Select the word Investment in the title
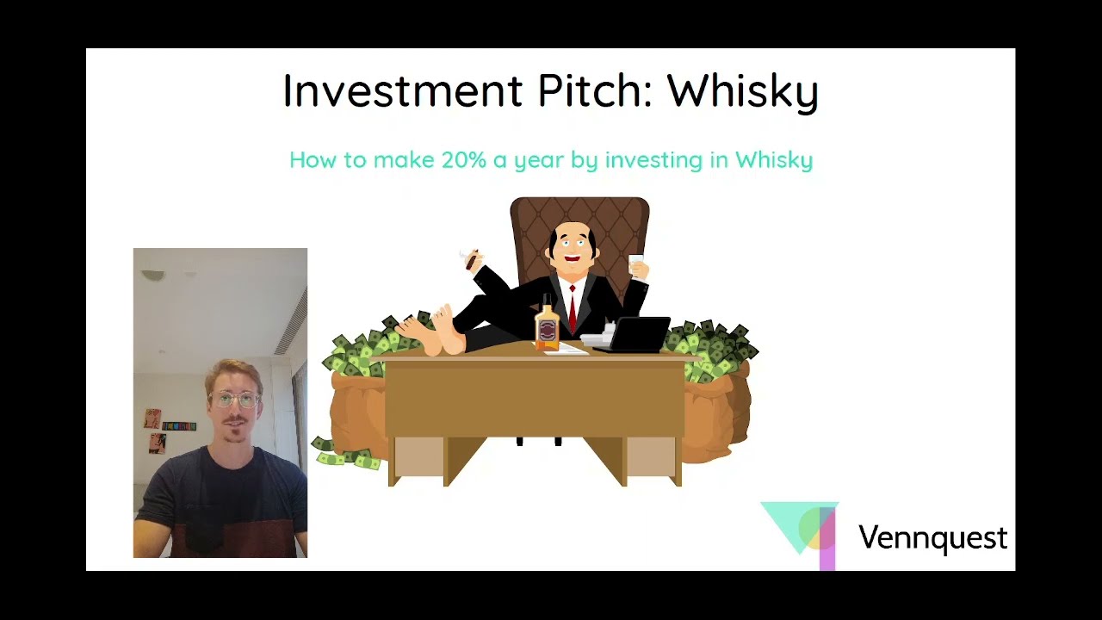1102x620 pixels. pyautogui.click(x=402, y=90)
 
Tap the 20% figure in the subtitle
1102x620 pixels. pyautogui.click(x=463, y=160)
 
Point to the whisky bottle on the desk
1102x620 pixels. pyautogui.click(x=547, y=325)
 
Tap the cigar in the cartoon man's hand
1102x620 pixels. pyautogui.click(x=471, y=259)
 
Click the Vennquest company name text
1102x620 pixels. pyautogui.click(x=932, y=538)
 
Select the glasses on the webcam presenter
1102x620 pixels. pyautogui.click(x=233, y=400)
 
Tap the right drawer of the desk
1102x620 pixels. pyautogui.click(x=651, y=456)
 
